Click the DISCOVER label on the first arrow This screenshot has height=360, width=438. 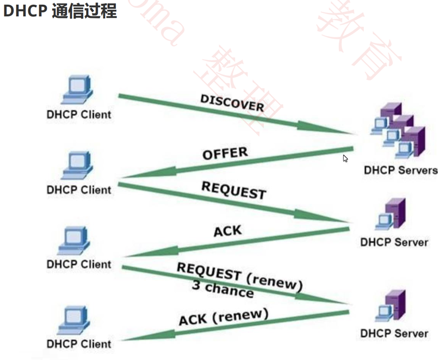tap(232, 102)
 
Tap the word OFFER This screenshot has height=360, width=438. tap(225, 154)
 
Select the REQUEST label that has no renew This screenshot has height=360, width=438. tap(233, 190)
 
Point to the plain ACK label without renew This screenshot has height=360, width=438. tap(228, 230)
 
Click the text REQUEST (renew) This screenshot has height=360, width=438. tap(239, 276)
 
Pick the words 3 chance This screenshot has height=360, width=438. tap(223, 290)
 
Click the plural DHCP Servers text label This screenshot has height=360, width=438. tap(400, 170)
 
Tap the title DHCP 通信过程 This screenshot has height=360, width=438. tap(60, 11)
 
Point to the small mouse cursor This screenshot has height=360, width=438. tap(345, 158)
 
